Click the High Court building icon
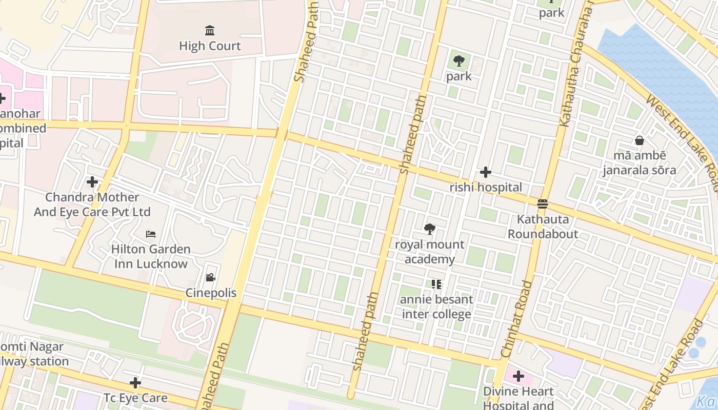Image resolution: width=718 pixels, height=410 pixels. pos(210,31)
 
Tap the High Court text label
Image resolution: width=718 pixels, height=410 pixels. pos(210,46)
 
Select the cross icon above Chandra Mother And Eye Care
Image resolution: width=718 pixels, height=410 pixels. pos(92,182)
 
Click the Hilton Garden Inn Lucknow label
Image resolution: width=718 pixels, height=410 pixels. pos(151,257)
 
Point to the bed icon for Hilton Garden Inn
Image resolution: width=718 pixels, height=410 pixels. pos(151,234)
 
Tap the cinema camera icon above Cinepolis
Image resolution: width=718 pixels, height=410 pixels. pos(210,278)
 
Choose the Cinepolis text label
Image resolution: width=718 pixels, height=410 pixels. pos(211,293)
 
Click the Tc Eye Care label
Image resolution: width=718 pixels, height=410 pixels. pos(135,398)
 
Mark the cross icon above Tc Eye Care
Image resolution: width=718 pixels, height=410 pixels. pos(135,383)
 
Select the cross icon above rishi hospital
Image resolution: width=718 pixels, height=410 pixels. pos(486,172)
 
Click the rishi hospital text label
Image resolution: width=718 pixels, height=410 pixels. pos(486,188)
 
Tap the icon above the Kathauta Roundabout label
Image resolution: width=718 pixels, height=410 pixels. pos(543,204)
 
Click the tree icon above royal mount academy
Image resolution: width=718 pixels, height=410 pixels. pos(430,229)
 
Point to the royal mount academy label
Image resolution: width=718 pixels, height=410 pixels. pos(430,252)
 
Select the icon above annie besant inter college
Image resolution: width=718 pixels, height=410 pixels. pos(436,284)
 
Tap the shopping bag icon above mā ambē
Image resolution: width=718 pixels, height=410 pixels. pos(640,140)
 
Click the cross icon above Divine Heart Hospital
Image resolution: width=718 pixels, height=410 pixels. pos(518,377)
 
